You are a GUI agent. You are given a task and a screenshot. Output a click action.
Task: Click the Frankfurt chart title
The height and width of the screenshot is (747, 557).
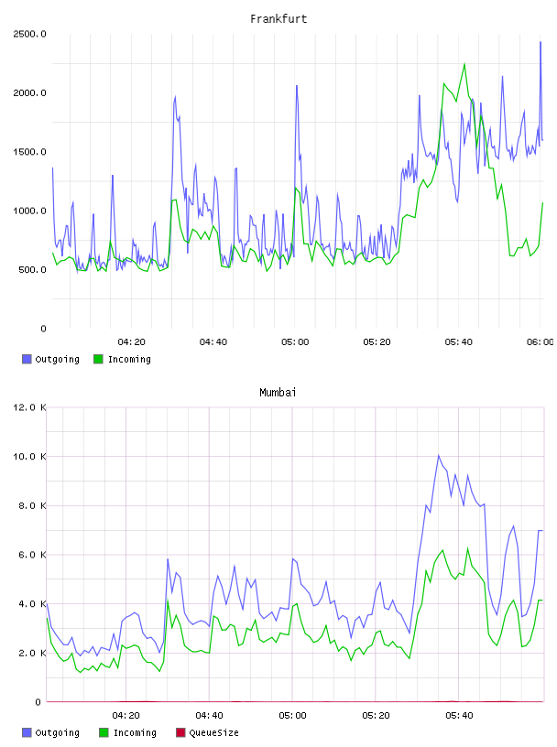[278, 19]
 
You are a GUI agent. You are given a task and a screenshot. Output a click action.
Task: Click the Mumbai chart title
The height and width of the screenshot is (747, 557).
[278, 393]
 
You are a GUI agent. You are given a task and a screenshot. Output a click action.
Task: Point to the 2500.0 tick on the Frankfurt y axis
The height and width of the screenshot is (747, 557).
[29, 34]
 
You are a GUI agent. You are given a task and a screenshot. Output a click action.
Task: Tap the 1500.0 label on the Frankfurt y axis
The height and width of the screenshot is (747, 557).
[29, 152]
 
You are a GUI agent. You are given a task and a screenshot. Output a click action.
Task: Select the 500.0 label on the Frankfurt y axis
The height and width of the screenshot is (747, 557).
[32, 270]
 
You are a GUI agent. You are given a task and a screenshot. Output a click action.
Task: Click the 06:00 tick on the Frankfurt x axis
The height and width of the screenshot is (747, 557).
[541, 342]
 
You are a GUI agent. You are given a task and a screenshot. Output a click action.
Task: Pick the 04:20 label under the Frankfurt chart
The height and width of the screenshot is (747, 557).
[131, 342]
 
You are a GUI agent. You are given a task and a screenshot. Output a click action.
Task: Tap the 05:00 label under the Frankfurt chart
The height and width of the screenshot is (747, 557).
[295, 342]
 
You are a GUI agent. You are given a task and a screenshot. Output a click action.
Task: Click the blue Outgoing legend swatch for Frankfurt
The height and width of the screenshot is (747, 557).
[27, 359]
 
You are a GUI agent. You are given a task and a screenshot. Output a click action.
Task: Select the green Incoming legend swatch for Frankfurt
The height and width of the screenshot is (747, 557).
[98, 359]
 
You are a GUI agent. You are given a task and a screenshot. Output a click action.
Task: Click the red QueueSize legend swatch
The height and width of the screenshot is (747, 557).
[180, 732]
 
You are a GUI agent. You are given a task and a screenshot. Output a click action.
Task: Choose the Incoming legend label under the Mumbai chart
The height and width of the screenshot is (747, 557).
[135, 732]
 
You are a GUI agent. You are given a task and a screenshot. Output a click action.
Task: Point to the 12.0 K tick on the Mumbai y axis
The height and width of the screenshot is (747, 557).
[29, 407]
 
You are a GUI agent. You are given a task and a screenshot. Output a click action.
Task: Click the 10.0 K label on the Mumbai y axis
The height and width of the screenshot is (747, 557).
[29, 457]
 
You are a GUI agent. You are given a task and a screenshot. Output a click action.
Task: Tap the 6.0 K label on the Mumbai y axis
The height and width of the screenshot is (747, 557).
[32, 555]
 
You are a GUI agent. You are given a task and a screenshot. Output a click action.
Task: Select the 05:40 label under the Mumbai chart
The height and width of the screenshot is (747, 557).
[459, 716]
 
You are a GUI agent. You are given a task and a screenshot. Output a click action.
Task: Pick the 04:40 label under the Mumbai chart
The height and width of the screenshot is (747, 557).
[209, 716]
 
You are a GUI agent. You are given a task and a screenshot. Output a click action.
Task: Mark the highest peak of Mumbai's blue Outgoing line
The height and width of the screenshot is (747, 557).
[439, 456]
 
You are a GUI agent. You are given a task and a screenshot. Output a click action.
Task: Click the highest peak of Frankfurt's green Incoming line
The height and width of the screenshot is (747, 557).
[464, 63]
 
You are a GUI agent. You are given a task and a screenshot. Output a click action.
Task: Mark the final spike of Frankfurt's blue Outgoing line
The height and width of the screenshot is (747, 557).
[541, 42]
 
